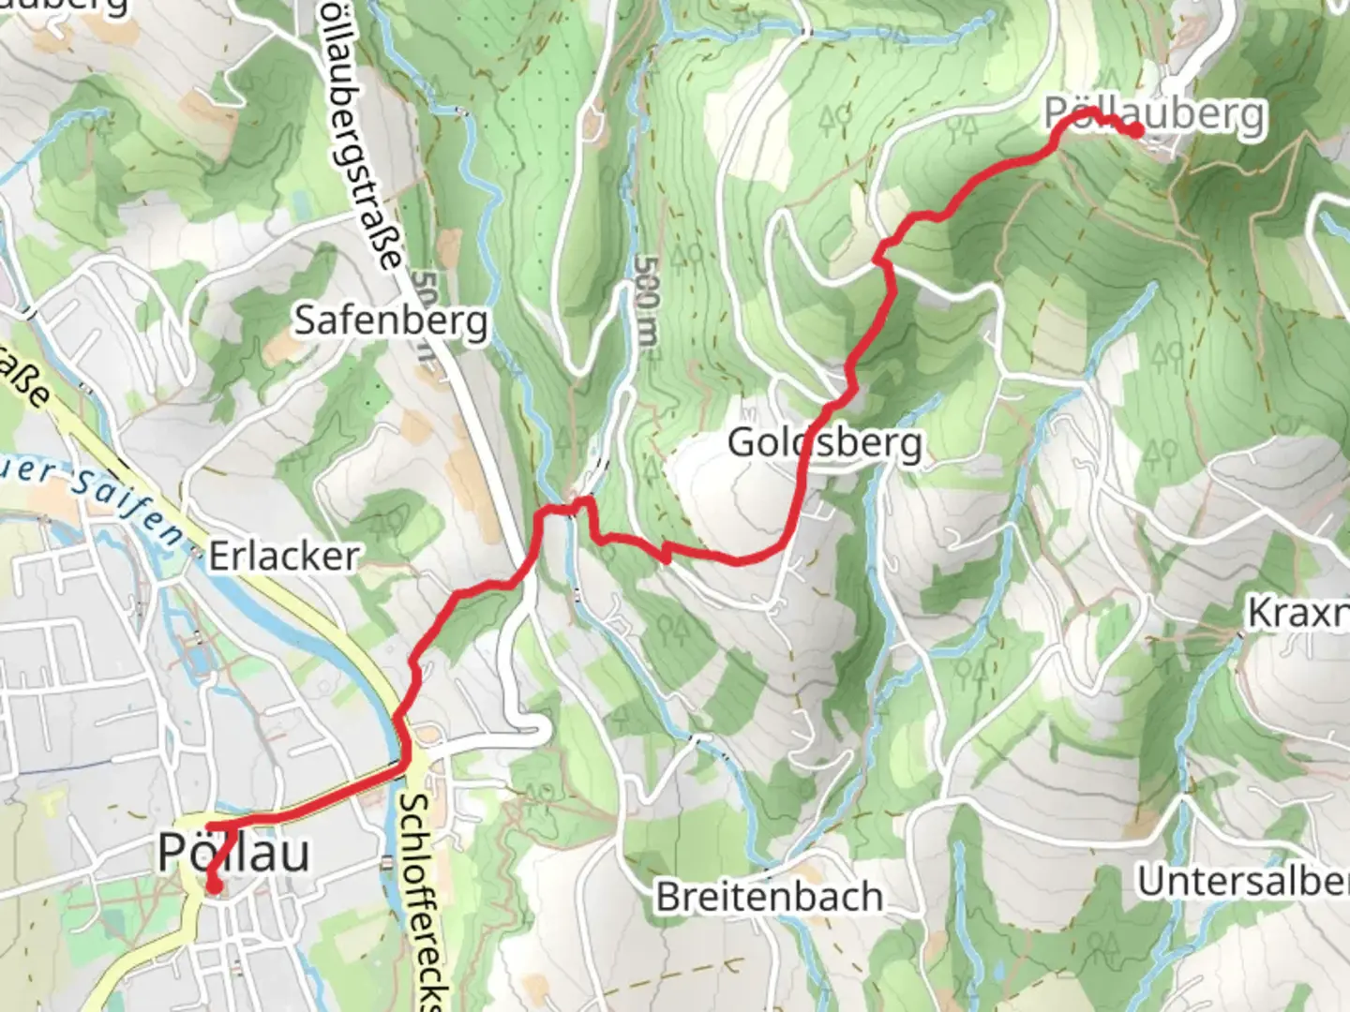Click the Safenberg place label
[x=391, y=321]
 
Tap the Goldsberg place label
[x=825, y=442]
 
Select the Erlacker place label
[x=283, y=557]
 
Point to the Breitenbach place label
[x=769, y=897]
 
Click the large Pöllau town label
[x=233, y=853]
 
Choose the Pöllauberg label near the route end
[x=1155, y=114]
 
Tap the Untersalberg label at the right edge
[x=1242, y=882]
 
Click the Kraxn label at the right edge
[x=1297, y=614]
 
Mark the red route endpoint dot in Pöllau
[x=214, y=885]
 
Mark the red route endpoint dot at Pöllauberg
[x=1135, y=130]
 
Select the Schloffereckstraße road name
[x=424, y=900]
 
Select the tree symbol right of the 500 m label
[x=689, y=253]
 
